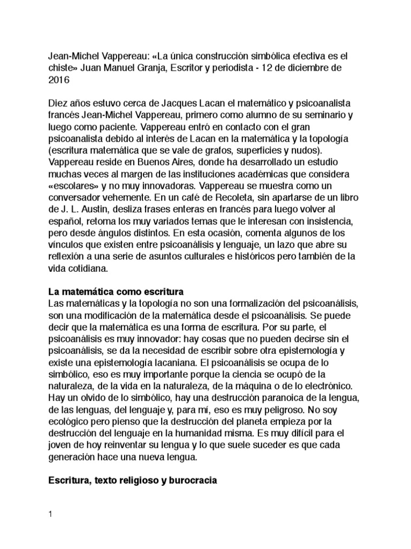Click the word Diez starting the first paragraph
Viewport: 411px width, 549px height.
58,102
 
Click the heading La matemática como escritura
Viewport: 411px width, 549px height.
116,292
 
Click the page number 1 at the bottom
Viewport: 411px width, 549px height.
50,516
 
